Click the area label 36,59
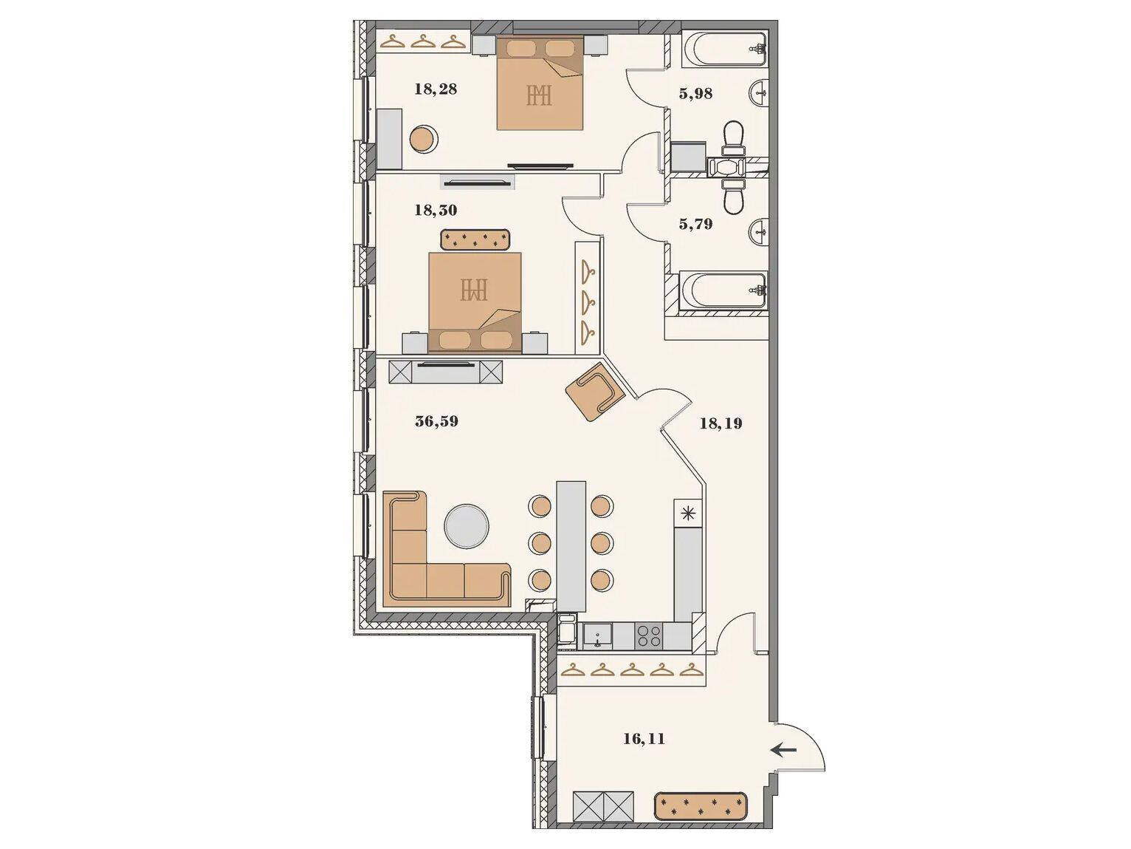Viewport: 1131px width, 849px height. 436,422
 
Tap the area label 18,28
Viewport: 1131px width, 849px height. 436,89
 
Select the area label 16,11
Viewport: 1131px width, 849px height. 644,739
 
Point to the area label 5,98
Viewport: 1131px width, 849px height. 695,94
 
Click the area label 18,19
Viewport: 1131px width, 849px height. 721,423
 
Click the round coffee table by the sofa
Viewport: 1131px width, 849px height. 467,525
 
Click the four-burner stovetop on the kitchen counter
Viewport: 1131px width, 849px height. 649,635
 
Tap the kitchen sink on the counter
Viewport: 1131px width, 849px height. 597,636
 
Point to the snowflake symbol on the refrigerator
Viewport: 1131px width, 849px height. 687,514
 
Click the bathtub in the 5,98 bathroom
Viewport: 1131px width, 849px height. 724,49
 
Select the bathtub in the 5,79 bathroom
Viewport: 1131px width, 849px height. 723,290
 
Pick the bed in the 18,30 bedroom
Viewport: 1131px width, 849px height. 475,303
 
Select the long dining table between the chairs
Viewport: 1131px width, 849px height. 571,546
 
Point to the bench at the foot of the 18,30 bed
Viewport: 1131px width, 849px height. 475,239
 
